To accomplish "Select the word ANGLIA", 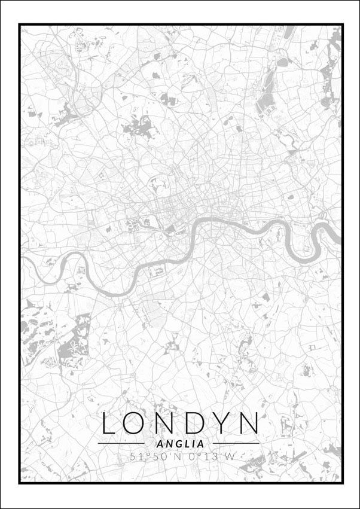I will coord(179,444).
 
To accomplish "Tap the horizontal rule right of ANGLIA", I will coord(236,444).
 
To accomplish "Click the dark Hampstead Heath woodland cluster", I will coord(137,126).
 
